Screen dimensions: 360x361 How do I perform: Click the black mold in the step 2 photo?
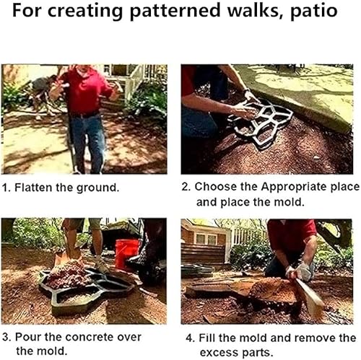point(261,123)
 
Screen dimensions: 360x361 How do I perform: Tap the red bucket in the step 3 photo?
point(126,253)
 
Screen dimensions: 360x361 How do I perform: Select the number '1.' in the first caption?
point(6,187)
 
